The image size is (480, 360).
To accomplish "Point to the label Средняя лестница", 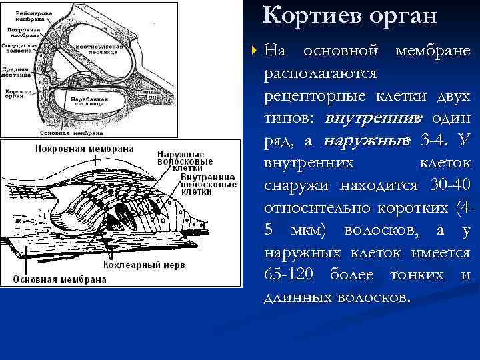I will pyautogui.click(x=15, y=71).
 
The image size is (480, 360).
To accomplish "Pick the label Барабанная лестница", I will pyautogui.click(x=88, y=101).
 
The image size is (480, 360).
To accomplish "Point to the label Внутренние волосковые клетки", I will pyautogui.click(x=188, y=183).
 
